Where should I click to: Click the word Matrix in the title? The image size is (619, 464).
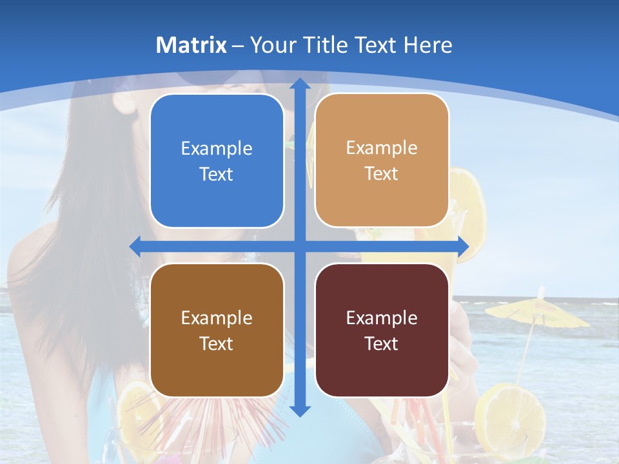pos(192,45)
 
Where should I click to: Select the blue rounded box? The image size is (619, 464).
pos(217,160)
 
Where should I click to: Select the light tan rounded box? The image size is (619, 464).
pos(382,160)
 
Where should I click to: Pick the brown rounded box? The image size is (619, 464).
pos(217,330)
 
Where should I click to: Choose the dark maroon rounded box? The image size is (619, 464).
pos(382,330)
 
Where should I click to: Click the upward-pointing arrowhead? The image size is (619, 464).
pos(300,84)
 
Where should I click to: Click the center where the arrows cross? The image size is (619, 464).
pos(300,246)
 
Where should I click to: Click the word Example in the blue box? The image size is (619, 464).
pos(217,148)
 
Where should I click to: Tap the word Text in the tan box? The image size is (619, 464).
pos(382,173)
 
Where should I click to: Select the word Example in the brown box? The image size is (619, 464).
pos(217,318)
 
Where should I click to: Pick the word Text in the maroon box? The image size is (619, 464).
pos(382,343)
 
